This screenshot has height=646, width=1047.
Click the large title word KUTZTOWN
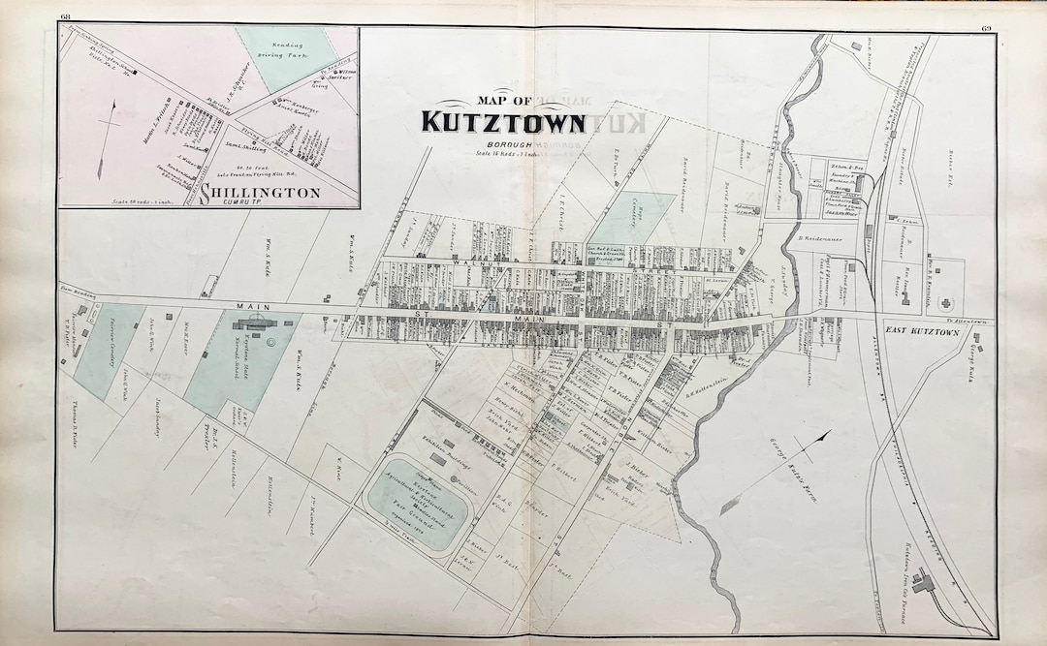tap(502, 123)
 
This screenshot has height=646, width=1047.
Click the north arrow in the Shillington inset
tap(111, 125)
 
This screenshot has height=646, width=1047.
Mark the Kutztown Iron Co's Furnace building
tap(922, 581)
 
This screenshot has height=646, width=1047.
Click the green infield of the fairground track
tap(415, 505)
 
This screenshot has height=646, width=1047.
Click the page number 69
tap(986, 28)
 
